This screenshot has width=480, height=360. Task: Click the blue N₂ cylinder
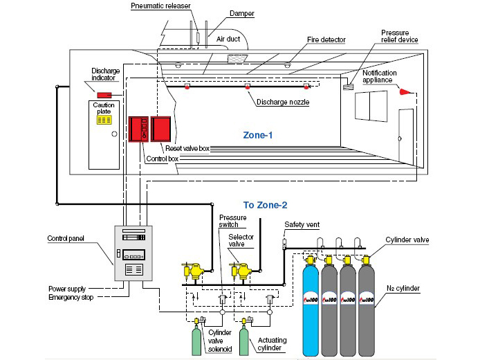pos(311,308)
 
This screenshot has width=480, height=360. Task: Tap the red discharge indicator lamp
pos(104,95)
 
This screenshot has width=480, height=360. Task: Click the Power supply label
pos(67,288)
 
